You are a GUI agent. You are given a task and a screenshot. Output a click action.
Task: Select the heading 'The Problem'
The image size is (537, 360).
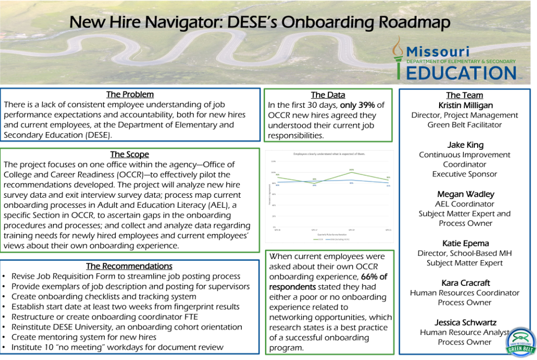[130, 94]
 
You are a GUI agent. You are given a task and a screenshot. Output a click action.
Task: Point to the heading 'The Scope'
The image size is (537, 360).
[130, 155]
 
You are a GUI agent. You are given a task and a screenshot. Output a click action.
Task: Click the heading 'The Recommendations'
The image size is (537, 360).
[129, 267]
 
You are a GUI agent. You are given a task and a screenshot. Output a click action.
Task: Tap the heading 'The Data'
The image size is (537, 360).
[328, 95]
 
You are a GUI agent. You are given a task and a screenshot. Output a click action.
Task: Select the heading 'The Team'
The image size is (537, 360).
[464, 95]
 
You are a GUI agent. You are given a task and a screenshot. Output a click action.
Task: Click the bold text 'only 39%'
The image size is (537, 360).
[362, 105]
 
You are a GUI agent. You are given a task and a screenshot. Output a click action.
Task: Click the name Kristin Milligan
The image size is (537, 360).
[465, 105]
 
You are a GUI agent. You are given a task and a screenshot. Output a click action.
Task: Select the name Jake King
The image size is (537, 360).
[465, 145]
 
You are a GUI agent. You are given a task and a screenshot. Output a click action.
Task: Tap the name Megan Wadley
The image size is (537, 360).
[465, 194]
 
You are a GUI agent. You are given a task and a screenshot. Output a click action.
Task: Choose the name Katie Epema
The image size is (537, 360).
[465, 243]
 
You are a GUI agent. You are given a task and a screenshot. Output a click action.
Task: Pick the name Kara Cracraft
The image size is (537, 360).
[465, 283]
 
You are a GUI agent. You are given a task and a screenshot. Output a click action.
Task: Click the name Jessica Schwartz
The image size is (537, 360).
[465, 322]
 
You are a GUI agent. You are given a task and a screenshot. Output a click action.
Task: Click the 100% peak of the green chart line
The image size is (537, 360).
[351, 172]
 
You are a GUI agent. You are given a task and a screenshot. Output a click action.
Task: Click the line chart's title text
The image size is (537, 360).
[329, 154]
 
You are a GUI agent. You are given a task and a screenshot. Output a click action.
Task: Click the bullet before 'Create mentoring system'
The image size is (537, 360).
[4, 338]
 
